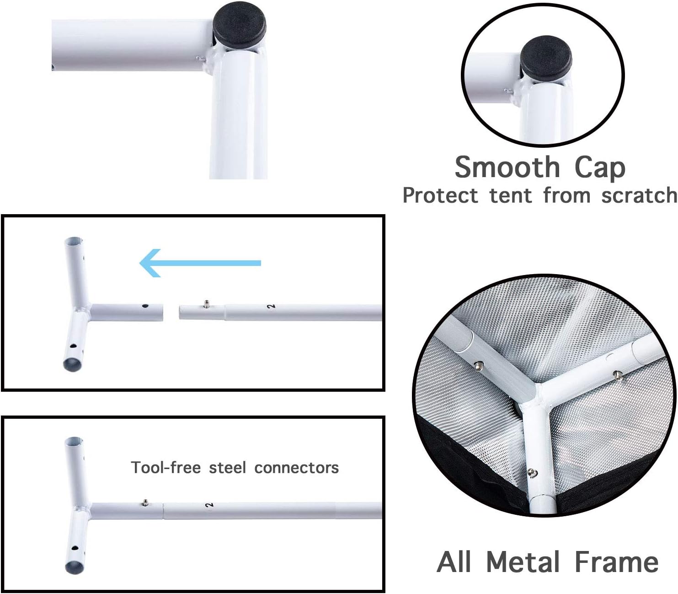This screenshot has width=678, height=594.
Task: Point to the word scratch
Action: (x=639, y=196)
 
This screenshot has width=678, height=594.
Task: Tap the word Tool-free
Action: (x=166, y=468)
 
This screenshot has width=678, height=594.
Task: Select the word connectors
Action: (x=296, y=468)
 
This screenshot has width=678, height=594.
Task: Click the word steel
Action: (x=227, y=468)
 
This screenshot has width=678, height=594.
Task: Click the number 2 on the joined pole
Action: (x=209, y=505)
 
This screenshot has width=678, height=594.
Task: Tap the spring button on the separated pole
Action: (x=206, y=302)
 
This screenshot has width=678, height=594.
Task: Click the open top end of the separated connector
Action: (x=73, y=241)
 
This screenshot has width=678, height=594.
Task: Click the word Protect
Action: (x=440, y=196)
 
